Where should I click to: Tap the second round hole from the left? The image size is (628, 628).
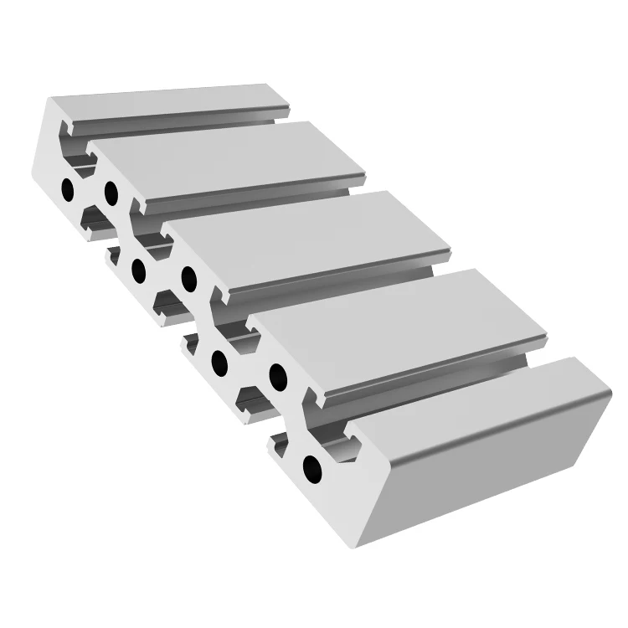(x=111, y=193)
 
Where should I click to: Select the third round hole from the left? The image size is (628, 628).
(x=139, y=270)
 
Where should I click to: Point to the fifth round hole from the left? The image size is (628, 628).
(x=220, y=362)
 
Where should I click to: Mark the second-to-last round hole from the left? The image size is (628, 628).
(x=275, y=372)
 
